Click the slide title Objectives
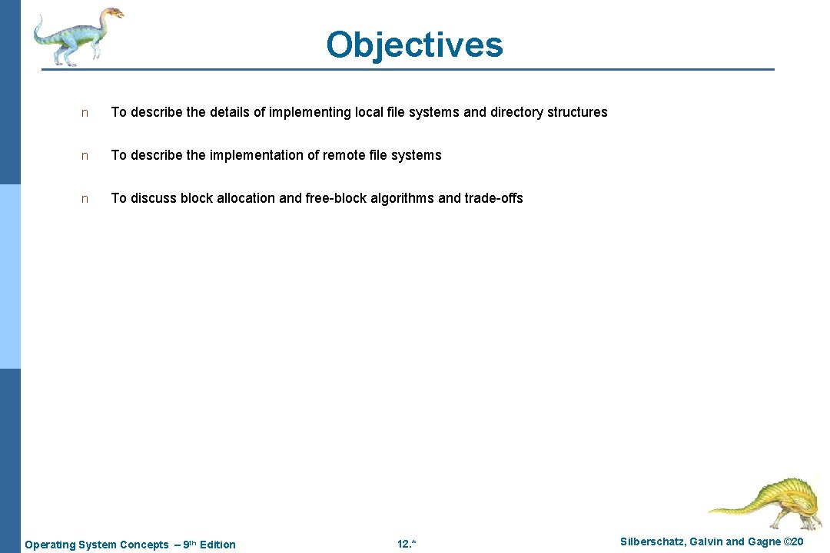click(414, 45)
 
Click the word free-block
click(336, 198)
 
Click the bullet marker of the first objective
click(85, 113)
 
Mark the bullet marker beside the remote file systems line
click(85, 156)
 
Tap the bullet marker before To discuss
click(85, 199)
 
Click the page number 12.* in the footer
click(407, 545)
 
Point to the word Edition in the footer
click(217, 545)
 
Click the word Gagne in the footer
click(763, 542)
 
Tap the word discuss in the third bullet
click(153, 198)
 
